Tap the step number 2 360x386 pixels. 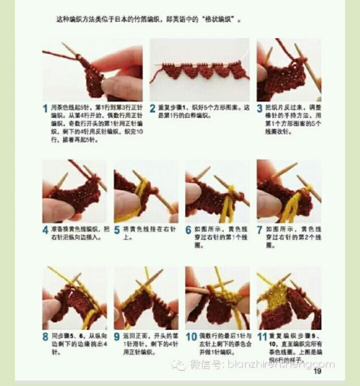coord(153,108)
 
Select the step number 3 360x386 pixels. coord(260,108)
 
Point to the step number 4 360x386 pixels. coord(45,230)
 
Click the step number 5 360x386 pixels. coord(117,230)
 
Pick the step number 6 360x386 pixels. coord(188,230)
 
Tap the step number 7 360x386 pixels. coord(260,230)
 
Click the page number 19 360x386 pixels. coord(317,370)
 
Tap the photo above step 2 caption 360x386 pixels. coord(199,69)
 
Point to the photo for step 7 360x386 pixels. coord(289,191)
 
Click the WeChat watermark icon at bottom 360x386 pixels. coord(178,365)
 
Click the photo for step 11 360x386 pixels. coord(289,297)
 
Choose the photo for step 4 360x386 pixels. coord(74,191)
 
